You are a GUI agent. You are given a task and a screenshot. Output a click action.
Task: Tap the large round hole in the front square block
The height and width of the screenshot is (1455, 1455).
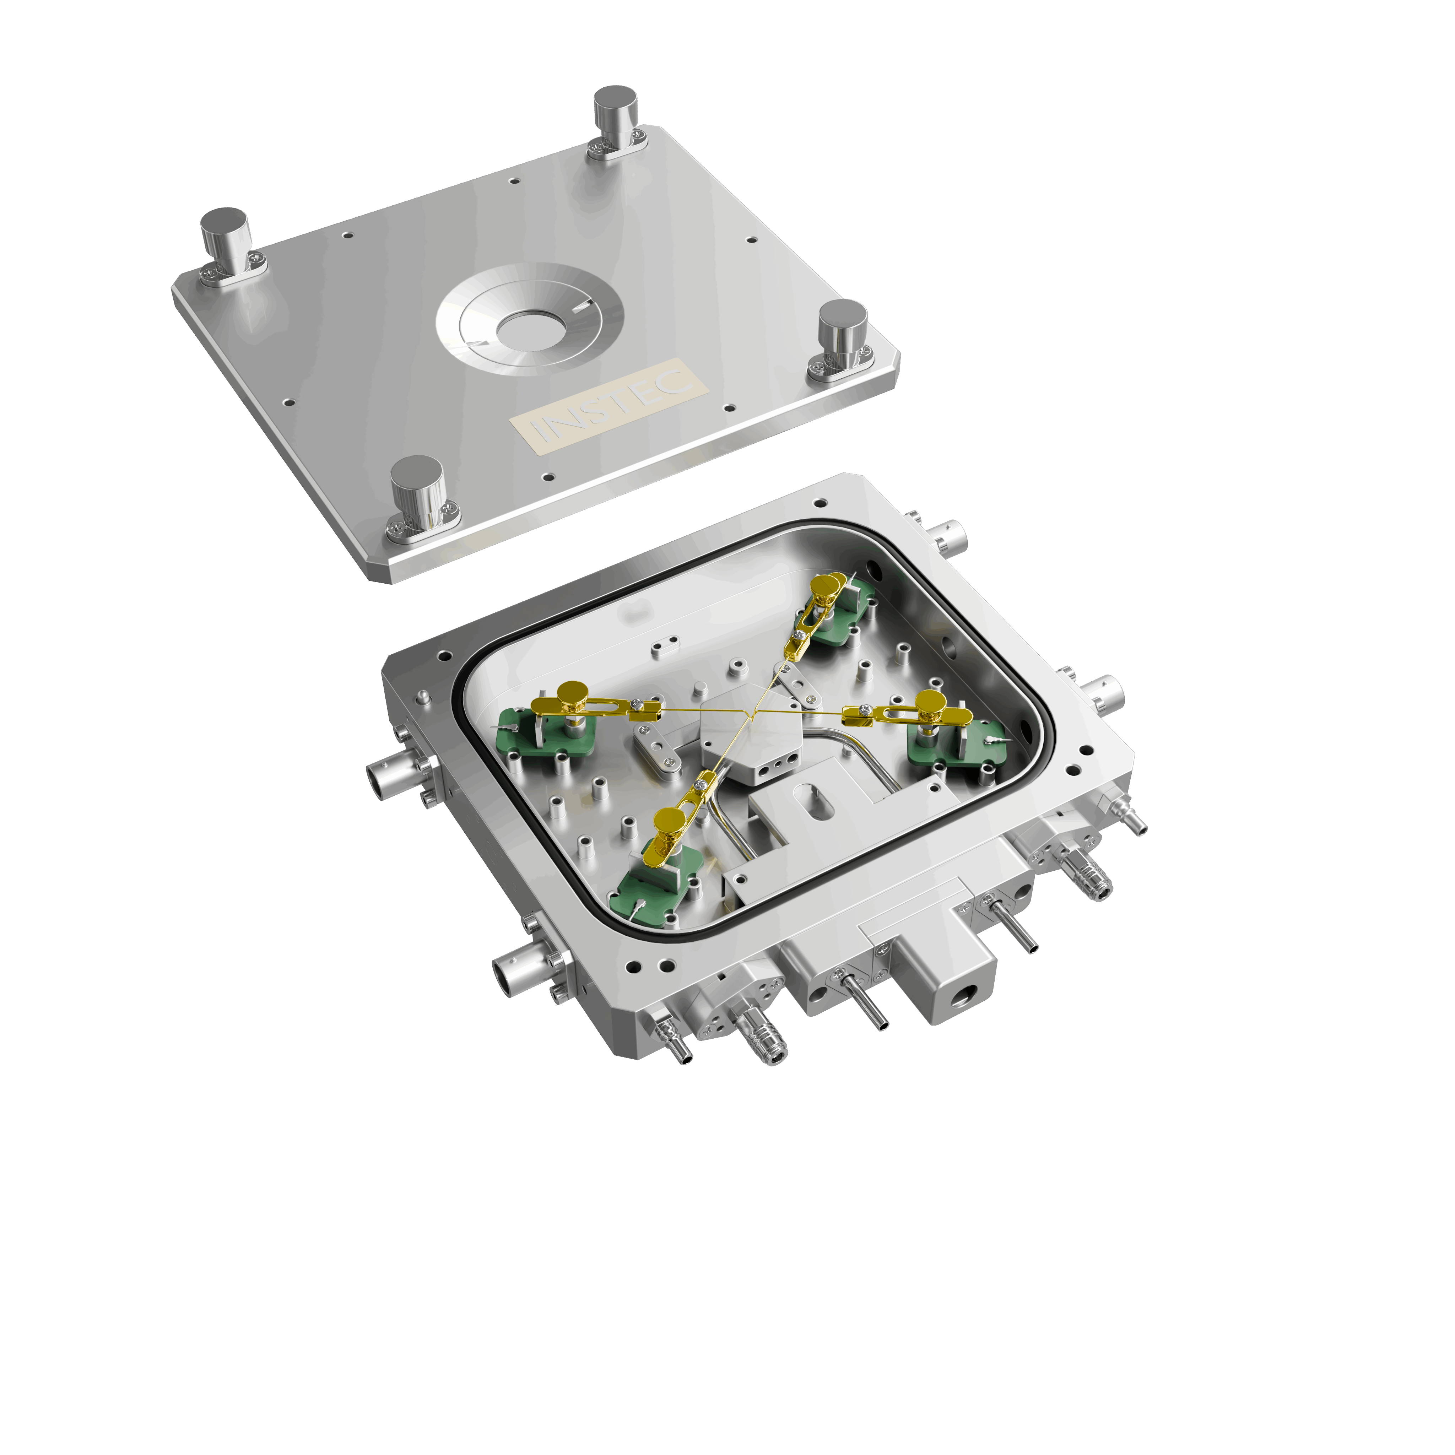point(964,998)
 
